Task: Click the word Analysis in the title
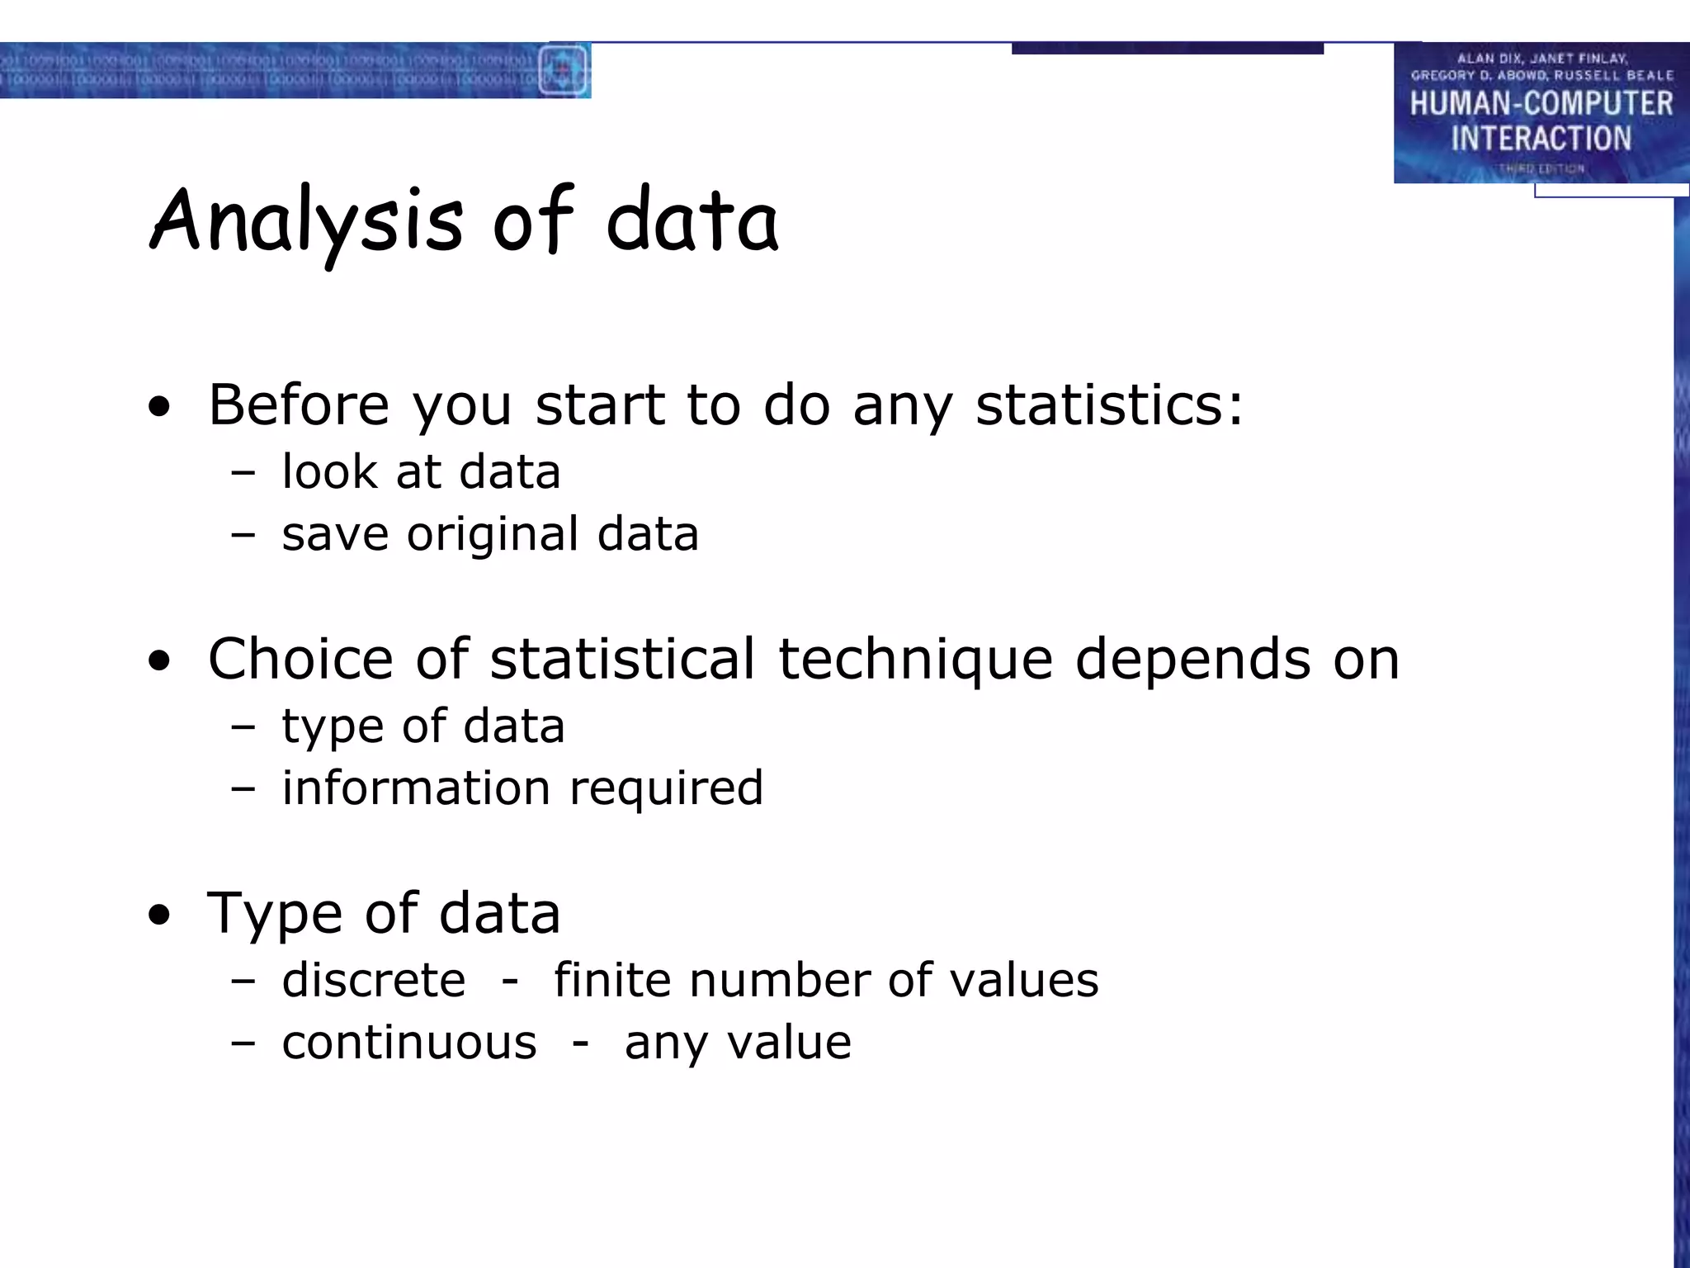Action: [x=306, y=221]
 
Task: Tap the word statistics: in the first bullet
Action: [x=1108, y=405]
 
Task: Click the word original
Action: [x=493, y=535]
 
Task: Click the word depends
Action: [x=1192, y=660]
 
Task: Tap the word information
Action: [x=415, y=788]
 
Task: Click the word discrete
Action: [x=373, y=980]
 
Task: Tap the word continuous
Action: [x=409, y=1043]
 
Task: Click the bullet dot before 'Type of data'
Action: [x=160, y=915]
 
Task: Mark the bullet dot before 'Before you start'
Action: [x=160, y=406]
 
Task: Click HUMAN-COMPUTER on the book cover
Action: [x=1541, y=104]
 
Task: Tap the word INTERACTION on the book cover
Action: [x=1541, y=138]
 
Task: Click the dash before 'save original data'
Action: [x=243, y=535]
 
